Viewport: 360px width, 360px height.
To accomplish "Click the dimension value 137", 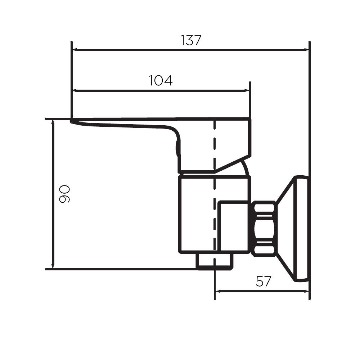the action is (191, 40).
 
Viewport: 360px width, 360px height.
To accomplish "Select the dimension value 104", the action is (161, 81).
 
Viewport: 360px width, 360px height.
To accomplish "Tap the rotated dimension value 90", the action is (64, 194).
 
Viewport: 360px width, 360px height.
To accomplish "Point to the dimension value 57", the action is (264, 281).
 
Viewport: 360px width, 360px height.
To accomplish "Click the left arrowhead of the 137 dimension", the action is (75, 50).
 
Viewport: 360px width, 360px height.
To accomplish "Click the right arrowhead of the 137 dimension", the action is (306, 50).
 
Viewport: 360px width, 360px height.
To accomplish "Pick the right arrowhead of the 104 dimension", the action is (246, 91).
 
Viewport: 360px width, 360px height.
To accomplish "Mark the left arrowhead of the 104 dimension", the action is (75, 91).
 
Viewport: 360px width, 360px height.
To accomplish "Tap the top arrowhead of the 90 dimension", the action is (53, 122).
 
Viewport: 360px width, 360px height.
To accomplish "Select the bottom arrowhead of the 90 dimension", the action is (53, 265).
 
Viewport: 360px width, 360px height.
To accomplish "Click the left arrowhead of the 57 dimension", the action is (218, 291).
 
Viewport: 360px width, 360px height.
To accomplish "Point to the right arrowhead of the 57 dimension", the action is (306, 291).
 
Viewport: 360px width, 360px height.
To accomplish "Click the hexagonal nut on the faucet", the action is (264, 229).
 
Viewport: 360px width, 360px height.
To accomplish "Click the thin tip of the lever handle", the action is (72, 121).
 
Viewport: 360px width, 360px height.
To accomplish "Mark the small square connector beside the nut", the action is (234, 226).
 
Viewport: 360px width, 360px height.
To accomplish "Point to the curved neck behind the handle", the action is (244, 168).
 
